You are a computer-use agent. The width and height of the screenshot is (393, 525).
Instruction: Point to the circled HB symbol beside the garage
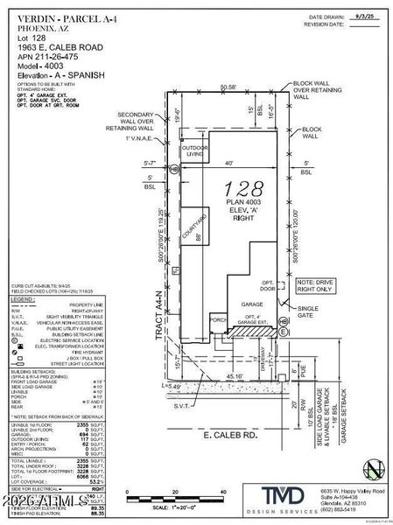282,321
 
